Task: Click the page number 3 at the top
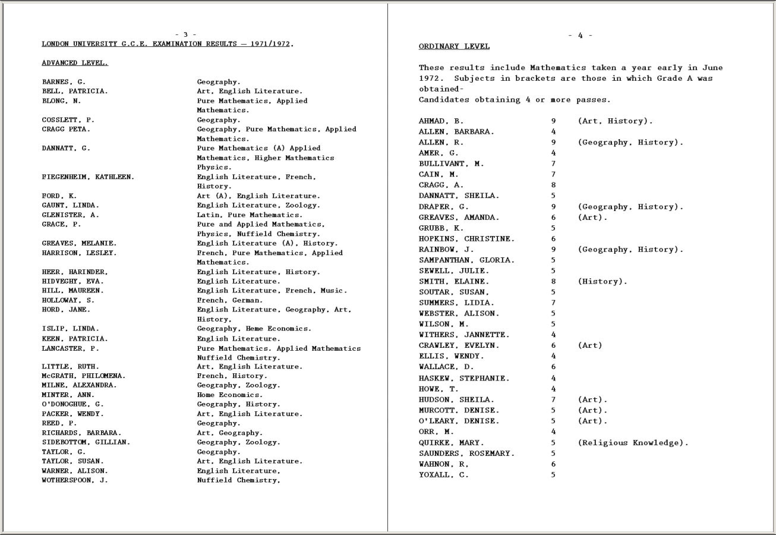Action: [185, 34]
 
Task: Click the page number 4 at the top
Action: [580, 36]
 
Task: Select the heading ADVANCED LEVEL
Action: [75, 62]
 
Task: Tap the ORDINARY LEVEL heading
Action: [454, 46]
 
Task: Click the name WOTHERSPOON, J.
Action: [75, 480]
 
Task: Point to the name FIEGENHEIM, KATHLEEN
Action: [88, 177]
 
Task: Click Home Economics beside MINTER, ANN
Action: [229, 395]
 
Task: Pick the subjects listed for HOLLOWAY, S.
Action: [229, 300]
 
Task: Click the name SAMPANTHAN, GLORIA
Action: [467, 260]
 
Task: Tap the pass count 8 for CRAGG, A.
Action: [553, 185]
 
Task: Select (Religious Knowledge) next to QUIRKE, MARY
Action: [633, 443]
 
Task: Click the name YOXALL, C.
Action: [444, 475]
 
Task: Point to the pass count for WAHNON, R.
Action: [553, 464]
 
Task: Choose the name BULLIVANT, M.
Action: [451, 163]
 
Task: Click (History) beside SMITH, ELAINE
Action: [602, 281]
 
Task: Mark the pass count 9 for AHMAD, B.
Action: [553, 121]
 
